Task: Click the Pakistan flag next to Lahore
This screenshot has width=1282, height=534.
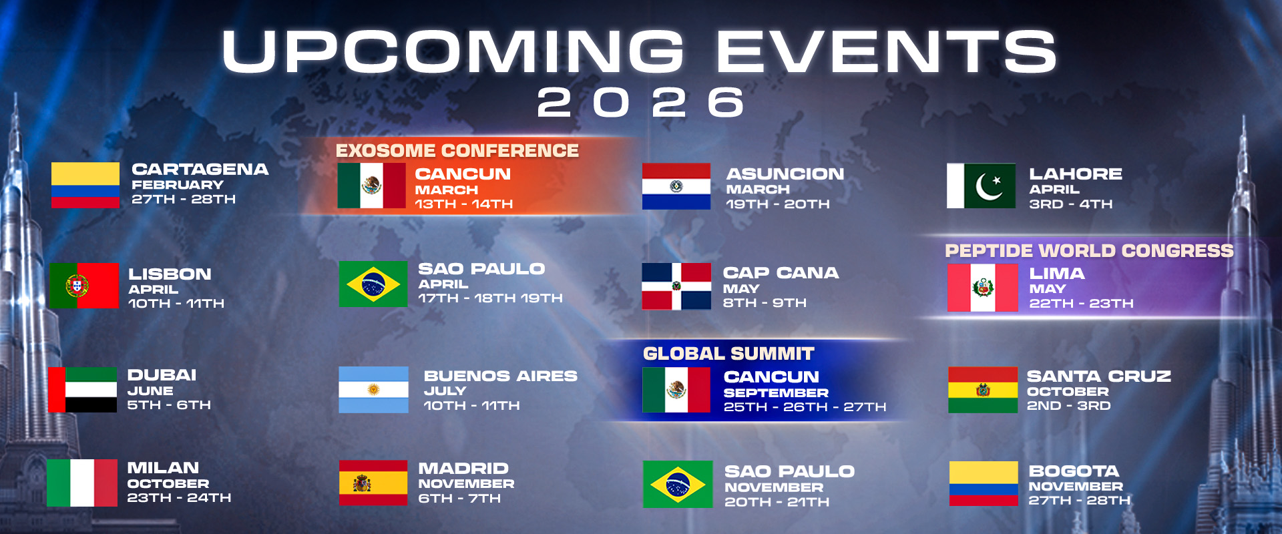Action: pos(981,186)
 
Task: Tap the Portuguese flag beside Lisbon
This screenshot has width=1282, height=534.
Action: pos(83,285)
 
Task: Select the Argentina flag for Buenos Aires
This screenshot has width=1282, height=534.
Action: pos(373,389)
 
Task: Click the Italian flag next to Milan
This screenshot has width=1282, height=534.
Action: pos(81,482)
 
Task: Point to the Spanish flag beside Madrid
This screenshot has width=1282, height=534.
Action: pos(373,482)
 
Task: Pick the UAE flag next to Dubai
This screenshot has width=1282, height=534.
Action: pos(82,389)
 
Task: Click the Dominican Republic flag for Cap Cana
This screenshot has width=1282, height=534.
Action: pos(676,286)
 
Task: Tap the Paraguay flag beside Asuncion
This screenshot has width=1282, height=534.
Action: pos(676,186)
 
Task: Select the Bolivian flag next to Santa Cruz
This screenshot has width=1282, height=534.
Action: pos(982,389)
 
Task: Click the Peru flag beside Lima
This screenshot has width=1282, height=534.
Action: pos(982,288)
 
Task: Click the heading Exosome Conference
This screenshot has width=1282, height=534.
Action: pos(457,151)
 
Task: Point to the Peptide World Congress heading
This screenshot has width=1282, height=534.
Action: pos(1088,251)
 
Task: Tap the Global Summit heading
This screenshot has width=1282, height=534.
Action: pos(728,354)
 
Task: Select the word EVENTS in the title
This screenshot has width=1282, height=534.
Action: pos(885,52)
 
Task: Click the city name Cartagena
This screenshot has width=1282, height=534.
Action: pos(200,170)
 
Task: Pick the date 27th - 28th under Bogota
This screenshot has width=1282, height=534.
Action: pos(1079,501)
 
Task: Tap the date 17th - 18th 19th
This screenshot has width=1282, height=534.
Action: pos(490,298)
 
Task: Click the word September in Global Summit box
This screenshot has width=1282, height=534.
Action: pos(775,393)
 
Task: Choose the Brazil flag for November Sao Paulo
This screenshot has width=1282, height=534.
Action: pos(677,484)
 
